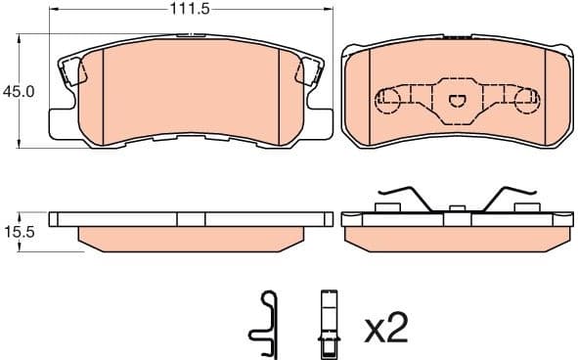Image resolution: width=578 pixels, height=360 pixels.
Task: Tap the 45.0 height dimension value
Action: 20,91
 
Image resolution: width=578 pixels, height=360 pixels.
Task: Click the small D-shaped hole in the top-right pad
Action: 456,99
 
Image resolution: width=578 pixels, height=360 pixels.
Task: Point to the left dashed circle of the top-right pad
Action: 388,100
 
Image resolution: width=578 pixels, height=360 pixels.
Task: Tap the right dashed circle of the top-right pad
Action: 525,100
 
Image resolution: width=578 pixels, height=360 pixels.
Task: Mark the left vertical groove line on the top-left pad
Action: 103,93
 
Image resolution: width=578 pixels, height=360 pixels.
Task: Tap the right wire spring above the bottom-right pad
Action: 510,196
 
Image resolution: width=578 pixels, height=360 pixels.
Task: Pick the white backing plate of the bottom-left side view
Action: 191,217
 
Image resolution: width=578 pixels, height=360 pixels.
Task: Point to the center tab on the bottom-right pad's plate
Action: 456,208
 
